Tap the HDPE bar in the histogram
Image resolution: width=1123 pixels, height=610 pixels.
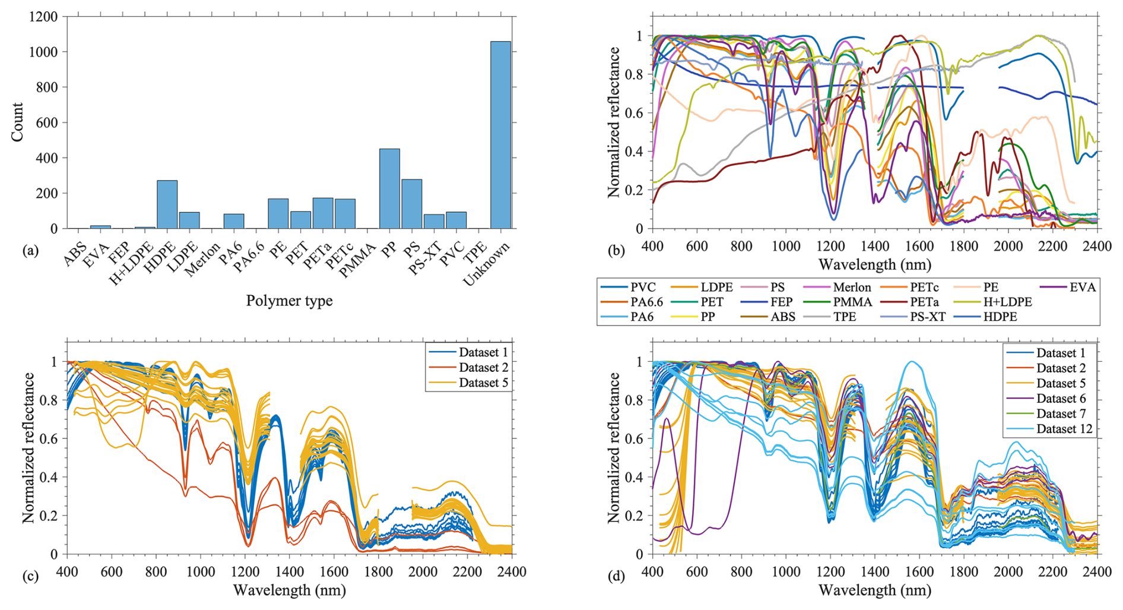167,204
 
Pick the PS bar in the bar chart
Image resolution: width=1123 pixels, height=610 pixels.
411,204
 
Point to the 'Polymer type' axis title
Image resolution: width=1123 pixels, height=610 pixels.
289,301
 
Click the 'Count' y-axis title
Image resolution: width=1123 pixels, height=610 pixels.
17,122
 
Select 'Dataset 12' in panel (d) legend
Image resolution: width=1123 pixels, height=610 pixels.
1064,429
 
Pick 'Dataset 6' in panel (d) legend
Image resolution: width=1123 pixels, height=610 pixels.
1061,399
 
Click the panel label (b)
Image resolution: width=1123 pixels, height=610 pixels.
616,251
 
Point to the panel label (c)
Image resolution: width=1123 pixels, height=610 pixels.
30,576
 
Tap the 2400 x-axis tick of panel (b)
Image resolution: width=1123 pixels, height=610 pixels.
1097,246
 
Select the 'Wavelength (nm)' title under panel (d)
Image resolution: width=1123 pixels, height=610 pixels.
874,590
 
